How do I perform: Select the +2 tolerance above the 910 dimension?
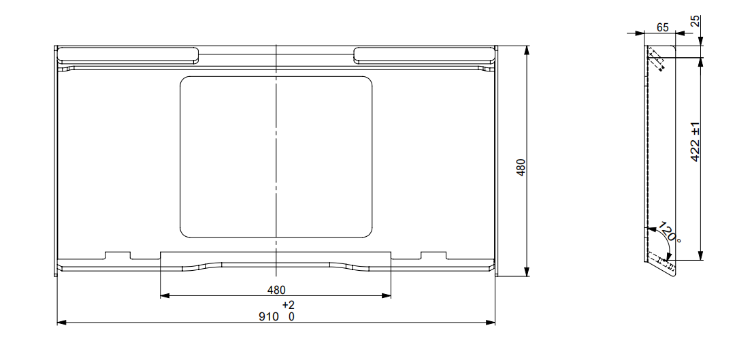coord(287,304)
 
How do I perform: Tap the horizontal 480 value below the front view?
coord(276,290)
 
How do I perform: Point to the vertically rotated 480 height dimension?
coord(521,167)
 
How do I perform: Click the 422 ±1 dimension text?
coord(695,142)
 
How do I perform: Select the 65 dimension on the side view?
coord(662,27)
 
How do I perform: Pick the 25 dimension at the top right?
coord(695,21)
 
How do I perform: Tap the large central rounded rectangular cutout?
coord(276,157)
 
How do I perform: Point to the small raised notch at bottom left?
coord(116,255)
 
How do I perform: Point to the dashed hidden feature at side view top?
coord(656,59)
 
